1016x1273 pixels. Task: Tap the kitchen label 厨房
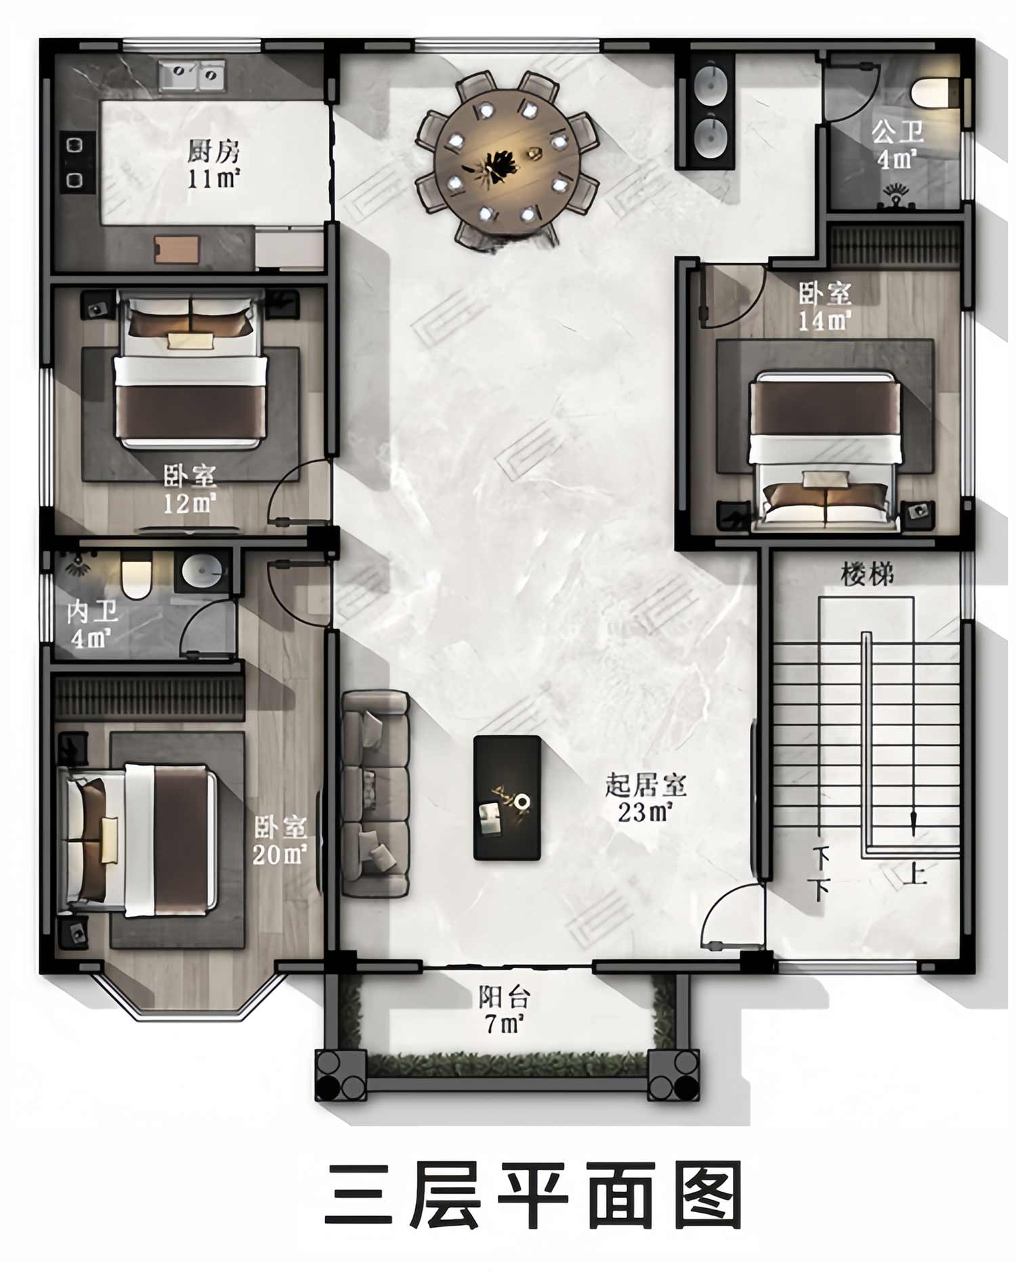tap(215, 152)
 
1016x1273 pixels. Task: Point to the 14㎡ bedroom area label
tap(824, 320)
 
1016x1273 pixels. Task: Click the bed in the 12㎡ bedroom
tap(191, 369)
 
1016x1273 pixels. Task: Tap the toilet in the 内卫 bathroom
tap(136, 576)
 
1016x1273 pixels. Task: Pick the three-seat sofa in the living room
tap(375, 794)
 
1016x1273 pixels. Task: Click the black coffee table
tap(507, 798)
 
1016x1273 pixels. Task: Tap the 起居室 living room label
tap(645, 785)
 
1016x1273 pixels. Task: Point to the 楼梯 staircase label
tap(867, 574)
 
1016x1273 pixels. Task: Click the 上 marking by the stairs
tap(914, 872)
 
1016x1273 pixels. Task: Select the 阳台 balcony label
tap(505, 997)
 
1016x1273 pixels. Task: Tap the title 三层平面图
tap(533, 1195)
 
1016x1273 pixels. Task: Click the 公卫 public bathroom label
tap(897, 132)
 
